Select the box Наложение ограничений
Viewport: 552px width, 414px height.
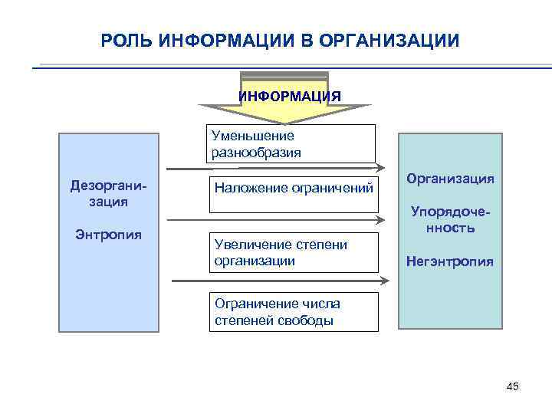click(x=294, y=187)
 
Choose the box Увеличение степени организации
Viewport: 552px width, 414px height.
click(x=294, y=252)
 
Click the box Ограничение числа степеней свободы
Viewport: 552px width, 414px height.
click(x=294, y=312)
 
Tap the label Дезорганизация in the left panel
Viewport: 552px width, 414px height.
click(x=107, y=193)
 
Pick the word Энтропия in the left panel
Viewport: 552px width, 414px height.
click(x=108, y=234)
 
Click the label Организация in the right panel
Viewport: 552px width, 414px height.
click(x=450, y=179)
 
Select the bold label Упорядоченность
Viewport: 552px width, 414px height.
click(x=450, y=219)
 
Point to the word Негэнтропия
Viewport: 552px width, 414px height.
click(x=450, y=262)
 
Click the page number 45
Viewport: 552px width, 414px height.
click(x=513, y=386)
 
